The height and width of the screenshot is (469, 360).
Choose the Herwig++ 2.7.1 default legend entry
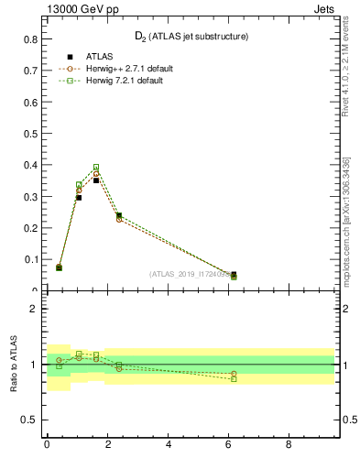[x=123, y=69]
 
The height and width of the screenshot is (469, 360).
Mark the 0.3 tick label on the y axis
[x=30, y=197]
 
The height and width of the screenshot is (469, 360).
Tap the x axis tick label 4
[x=169, y=448]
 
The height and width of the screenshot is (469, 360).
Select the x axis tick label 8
[x=289, y=448]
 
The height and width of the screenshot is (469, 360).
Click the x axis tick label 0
[x=47, y=448]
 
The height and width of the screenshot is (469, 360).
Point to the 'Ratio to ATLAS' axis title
[x=16, y=364]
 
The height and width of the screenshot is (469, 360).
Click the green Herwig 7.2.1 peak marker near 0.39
[x=95, y=168]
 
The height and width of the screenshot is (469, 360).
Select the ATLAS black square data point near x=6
[x=234, y=274]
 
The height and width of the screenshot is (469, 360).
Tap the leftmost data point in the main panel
[x=59, y=267]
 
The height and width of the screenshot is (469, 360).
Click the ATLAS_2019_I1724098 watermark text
[x=192, y=274]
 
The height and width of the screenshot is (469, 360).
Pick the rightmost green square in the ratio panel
[x=234, y=378]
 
